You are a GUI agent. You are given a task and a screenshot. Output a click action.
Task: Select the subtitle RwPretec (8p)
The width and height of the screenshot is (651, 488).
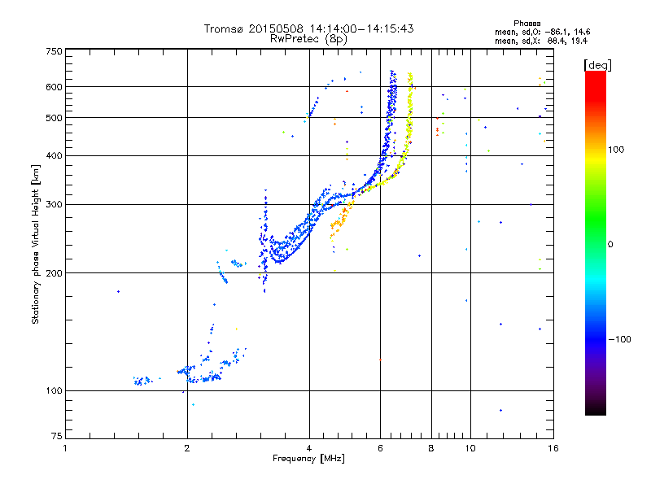coord(309,38)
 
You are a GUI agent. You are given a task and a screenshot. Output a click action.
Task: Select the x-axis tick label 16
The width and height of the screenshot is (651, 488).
coord(552,448)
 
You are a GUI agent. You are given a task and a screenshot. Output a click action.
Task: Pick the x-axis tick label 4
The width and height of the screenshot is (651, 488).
coord(309,448)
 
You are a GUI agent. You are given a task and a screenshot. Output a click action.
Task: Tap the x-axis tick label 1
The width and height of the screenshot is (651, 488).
coord(65,448)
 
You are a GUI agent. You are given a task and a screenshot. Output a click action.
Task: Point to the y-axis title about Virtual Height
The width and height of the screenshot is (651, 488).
coord(36,243)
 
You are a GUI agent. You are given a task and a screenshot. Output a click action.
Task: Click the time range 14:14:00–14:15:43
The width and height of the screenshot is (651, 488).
coord(354,28)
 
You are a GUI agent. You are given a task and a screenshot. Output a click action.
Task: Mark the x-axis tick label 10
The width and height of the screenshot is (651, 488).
coord(470,448)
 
